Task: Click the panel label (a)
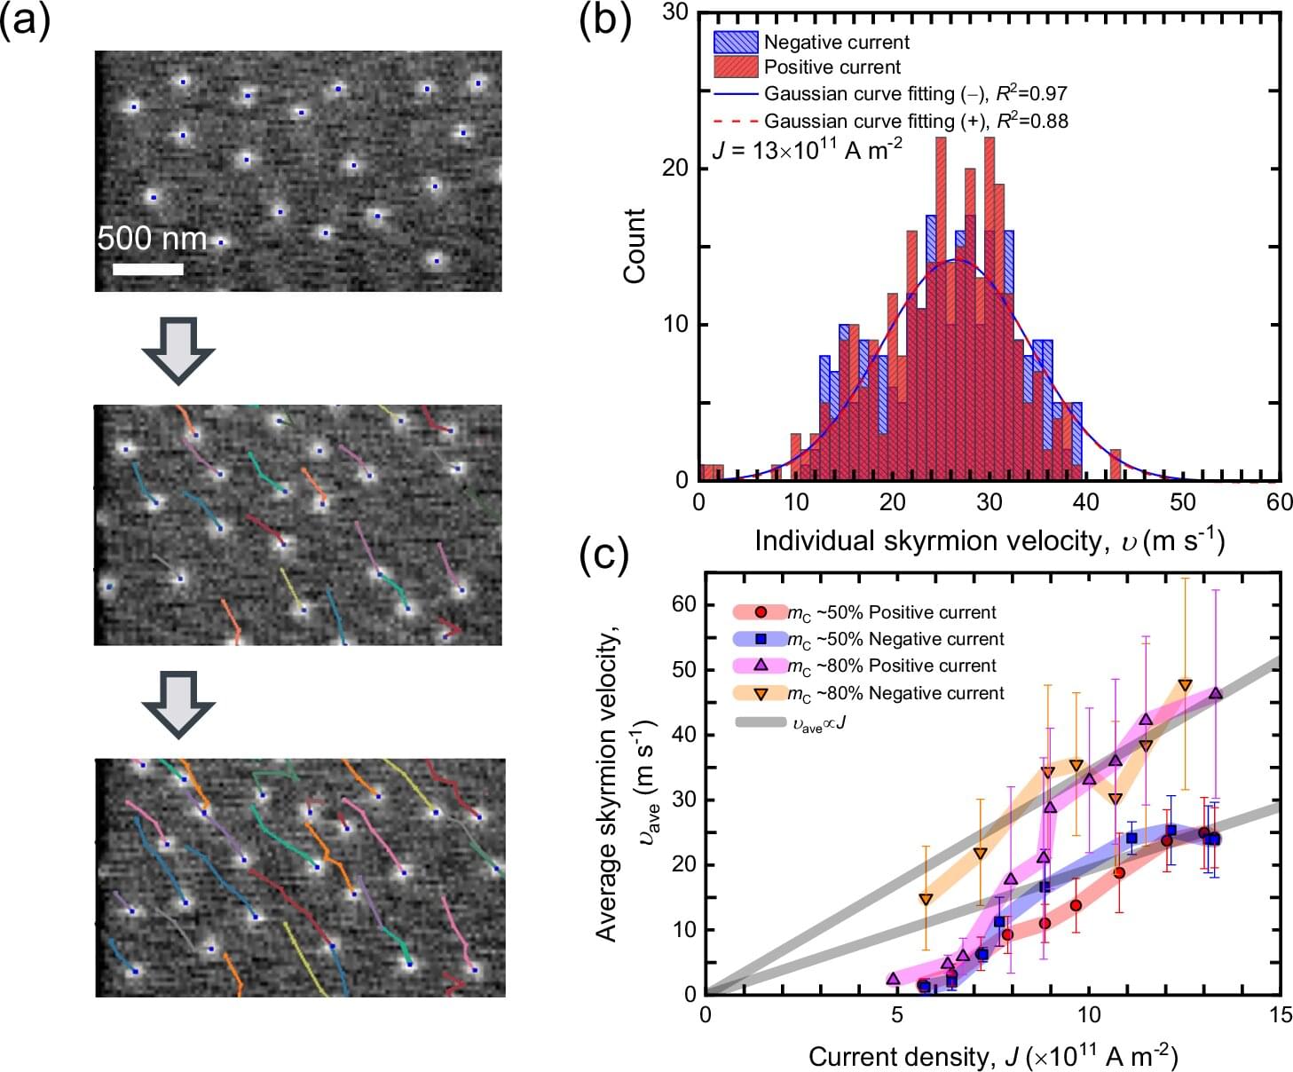click(25, 20)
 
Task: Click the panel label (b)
click(604, 20)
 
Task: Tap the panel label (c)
click(604, 555)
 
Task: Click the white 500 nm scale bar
click(147, 268)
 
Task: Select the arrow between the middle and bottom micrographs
click(177, 704)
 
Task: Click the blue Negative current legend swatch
click(736, 42)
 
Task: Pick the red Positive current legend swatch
click(736, 67)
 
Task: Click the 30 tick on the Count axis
click(678, 12)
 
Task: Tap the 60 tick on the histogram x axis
click(1279, 502)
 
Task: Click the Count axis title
click(634, 246)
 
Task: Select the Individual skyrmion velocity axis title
click(989, 540)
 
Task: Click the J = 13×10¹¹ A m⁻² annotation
click(807, 149)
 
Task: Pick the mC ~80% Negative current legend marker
click(761, 692)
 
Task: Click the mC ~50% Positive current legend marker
click(761, 612)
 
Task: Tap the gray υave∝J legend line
click(761, 723)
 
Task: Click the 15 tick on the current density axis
click(1280, 1015)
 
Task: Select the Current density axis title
click(992, 1056)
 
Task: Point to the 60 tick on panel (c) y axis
click(684, 605)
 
